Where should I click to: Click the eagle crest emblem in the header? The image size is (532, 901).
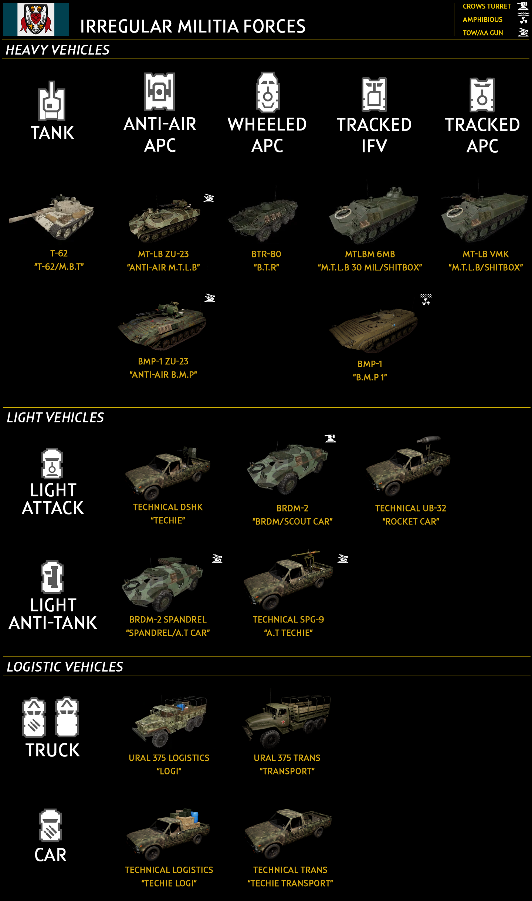(35, 19)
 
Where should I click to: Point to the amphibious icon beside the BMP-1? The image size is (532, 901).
(426, 299)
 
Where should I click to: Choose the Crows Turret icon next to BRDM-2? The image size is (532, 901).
(331, 438)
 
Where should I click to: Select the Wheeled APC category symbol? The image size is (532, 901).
(268, 92)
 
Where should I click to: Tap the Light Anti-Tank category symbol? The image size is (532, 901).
(52, 577)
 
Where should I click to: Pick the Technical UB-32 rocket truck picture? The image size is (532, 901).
(409, 468)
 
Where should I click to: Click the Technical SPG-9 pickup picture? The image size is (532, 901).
(289, 581)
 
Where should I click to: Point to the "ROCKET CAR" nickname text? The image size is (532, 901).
(411, 522)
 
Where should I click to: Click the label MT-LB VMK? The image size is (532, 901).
(485, 254)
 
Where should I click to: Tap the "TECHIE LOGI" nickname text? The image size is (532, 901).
(169, 883)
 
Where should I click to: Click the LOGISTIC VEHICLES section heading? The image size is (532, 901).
(65, 667)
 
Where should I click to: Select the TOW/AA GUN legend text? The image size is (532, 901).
(483, 33)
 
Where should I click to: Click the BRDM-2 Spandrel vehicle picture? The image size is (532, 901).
(163, 584)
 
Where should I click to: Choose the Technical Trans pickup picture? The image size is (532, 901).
(289, 834)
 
